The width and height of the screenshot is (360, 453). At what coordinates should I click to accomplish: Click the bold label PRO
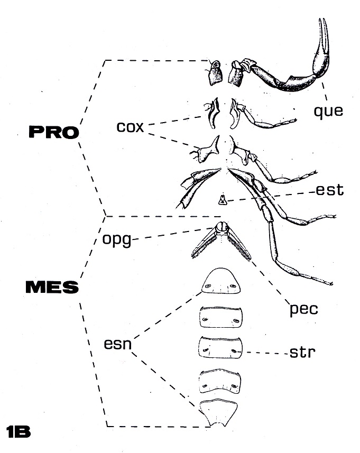tap(54, 132)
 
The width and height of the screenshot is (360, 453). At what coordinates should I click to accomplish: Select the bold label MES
tap(52, 287)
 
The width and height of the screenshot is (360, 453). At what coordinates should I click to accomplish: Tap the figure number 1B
tap(18, 431)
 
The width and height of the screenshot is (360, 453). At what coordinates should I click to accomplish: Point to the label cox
tap(130, 127)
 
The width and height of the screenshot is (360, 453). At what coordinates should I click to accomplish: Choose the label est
tap(330, 190)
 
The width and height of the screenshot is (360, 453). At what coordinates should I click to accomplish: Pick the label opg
tap(117, 239)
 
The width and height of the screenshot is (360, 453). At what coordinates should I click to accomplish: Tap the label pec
tap(303, 309)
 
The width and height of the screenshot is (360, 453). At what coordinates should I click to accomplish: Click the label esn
tap(117, 344)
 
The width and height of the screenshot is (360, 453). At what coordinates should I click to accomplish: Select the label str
tap(302, 352)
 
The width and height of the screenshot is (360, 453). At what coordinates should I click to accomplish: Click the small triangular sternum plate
tap(222, 200)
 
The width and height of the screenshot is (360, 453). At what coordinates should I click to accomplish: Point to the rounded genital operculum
tap(222, 226)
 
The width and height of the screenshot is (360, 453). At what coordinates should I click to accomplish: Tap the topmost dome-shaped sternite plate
tap(221, 281)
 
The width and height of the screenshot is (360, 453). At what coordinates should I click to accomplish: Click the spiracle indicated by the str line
tap(235, 352)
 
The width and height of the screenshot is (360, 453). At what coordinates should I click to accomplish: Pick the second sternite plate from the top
tap(221, 317)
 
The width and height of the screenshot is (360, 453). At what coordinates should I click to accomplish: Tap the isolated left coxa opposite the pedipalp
tap(215, 72)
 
